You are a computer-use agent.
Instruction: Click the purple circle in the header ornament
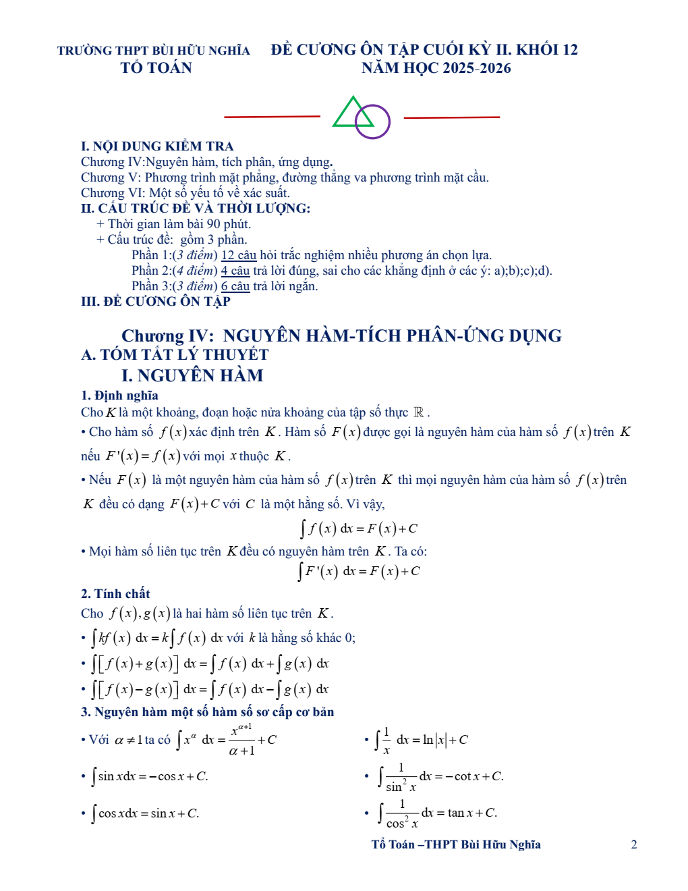pyautogui.click(x=373, y=122)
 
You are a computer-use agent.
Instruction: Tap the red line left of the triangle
pyautogui.click(x=272, y=117)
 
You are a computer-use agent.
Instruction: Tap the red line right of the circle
pyautogui.click(x=451, y=117)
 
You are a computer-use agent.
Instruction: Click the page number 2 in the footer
pyautogui.click(x=633, y=844)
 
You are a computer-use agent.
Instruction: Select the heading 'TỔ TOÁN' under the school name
pyautogui.click(x=156, y=68)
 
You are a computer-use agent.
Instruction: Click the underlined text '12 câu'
pyautogui.click(x=239, y=255)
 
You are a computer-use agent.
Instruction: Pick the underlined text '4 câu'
pyautogui.click(x=235, y=271)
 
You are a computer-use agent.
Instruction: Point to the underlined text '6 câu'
pyautogui.click(x=235, y=286)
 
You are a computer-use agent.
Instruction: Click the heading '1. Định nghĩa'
pyautogui.click(x=119, y=396)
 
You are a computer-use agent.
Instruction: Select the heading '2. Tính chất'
pyautogui.click(x=115, y=594)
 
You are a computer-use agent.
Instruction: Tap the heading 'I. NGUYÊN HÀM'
pyautogui.click(x=192, y=376)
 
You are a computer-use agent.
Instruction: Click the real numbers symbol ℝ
pyautogui.click(x=419, y=412)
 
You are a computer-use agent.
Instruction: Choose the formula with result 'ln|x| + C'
pyautogui.click(x=421, y=740)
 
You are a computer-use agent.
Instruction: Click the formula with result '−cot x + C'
pyautogui.click(x=441, y=777)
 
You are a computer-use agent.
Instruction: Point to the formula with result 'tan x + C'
pyautogui.click(x=438, y=813)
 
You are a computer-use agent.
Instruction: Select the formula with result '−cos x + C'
pyautogui.click(x=150, y=777)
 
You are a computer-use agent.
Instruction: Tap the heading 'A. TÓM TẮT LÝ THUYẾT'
pyautogui.click(x=175, y=355)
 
